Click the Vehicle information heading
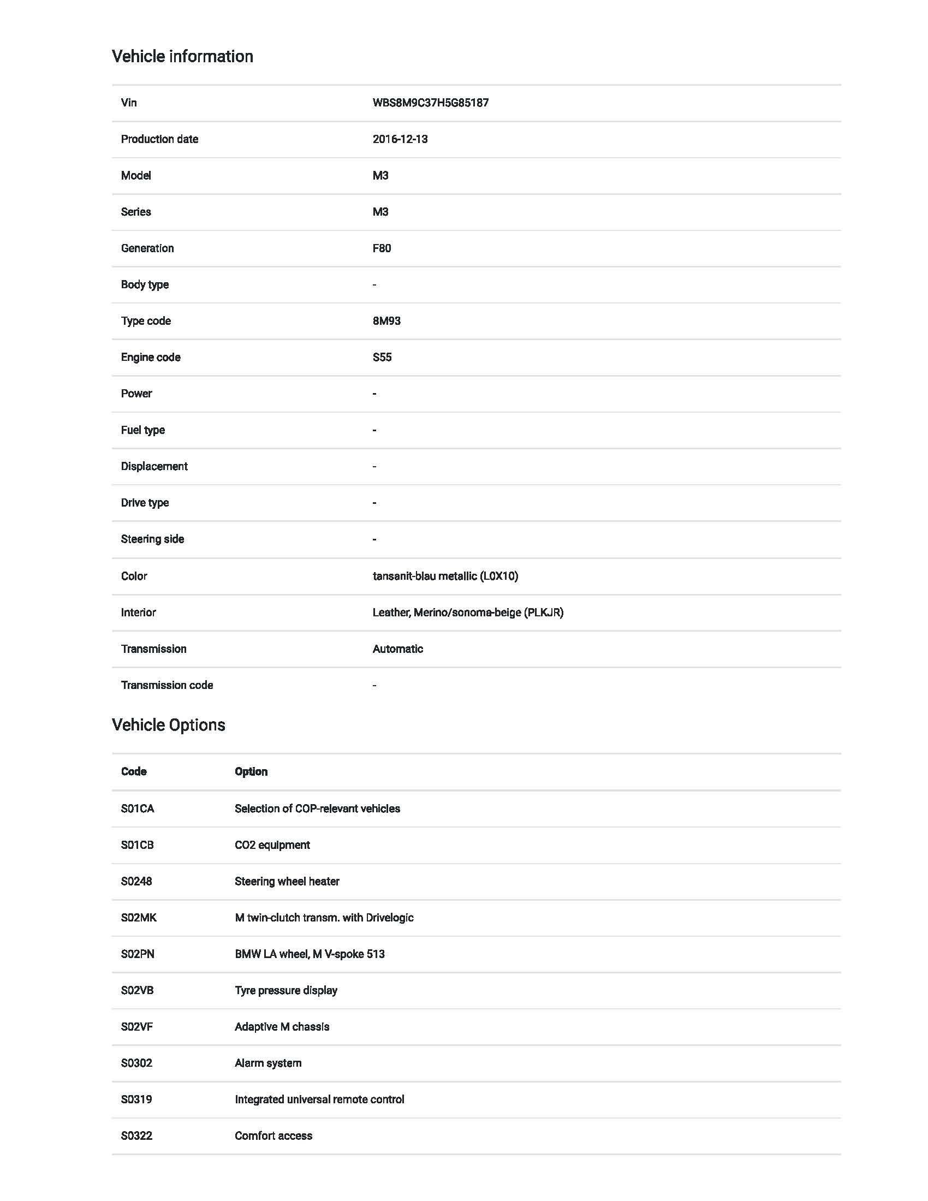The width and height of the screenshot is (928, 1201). point(182,56)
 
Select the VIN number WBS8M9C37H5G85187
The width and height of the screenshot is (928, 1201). point(431,103)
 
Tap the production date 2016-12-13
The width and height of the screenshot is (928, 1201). point(400,139)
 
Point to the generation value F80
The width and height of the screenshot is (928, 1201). point(382,248)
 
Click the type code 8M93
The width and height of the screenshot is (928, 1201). point(386,320)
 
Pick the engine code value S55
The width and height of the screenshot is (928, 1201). point(382,357)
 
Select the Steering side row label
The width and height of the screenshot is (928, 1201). point(152,539)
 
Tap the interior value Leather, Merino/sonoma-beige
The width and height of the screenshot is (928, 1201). point(468,612)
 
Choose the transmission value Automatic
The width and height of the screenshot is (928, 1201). point(397,649)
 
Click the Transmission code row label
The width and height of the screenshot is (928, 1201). point(166,685)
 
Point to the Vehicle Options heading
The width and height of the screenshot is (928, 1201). point(168,725)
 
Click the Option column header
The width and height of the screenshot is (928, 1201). point(251,771)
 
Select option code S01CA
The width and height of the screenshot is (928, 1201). point(138,808)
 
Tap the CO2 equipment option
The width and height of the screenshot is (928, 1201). point(272,845)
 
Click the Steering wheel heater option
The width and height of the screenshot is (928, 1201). point(287,881)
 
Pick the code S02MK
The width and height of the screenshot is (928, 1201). point(139,917)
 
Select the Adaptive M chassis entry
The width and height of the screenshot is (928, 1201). point(282,1027)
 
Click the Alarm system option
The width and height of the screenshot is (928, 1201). point(267,1063)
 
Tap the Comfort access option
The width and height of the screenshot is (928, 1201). point(273,1135)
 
